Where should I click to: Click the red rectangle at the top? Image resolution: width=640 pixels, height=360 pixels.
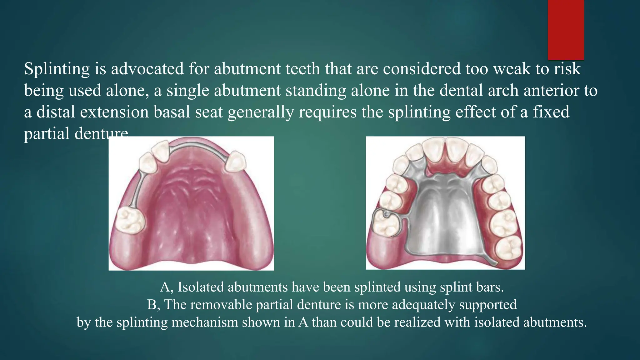click(566, 30)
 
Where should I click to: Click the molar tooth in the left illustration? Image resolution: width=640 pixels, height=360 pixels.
click(130, 220)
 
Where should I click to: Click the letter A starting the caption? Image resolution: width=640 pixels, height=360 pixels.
click(165, 287)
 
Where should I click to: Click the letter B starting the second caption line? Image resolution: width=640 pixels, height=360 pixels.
click(152, 305)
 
